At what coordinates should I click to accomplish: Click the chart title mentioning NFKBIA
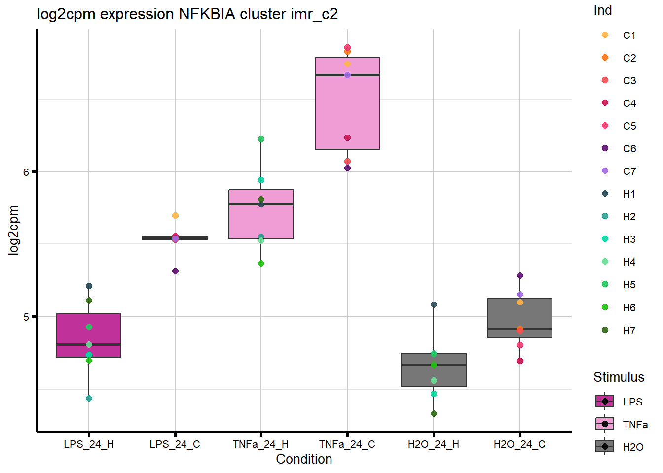point(187,14)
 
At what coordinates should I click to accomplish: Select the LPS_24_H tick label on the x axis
point(89,444)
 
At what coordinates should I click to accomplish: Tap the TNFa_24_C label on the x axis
point(347,444)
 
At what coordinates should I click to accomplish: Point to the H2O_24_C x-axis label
point(519,444)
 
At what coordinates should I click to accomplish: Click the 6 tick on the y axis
point(26,172)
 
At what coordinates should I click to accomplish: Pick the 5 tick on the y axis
point(26,317)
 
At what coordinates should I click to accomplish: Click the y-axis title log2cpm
point(13,230)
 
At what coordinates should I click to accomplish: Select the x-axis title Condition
point(304,459)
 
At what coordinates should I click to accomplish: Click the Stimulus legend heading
point(619,377)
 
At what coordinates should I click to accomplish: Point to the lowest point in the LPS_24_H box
point(89,398)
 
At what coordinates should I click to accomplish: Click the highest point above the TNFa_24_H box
point(261,139)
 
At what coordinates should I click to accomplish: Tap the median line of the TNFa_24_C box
point(347,75)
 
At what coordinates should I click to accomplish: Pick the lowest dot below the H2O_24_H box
point(434,413)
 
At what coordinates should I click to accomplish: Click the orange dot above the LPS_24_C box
point(175,216)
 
